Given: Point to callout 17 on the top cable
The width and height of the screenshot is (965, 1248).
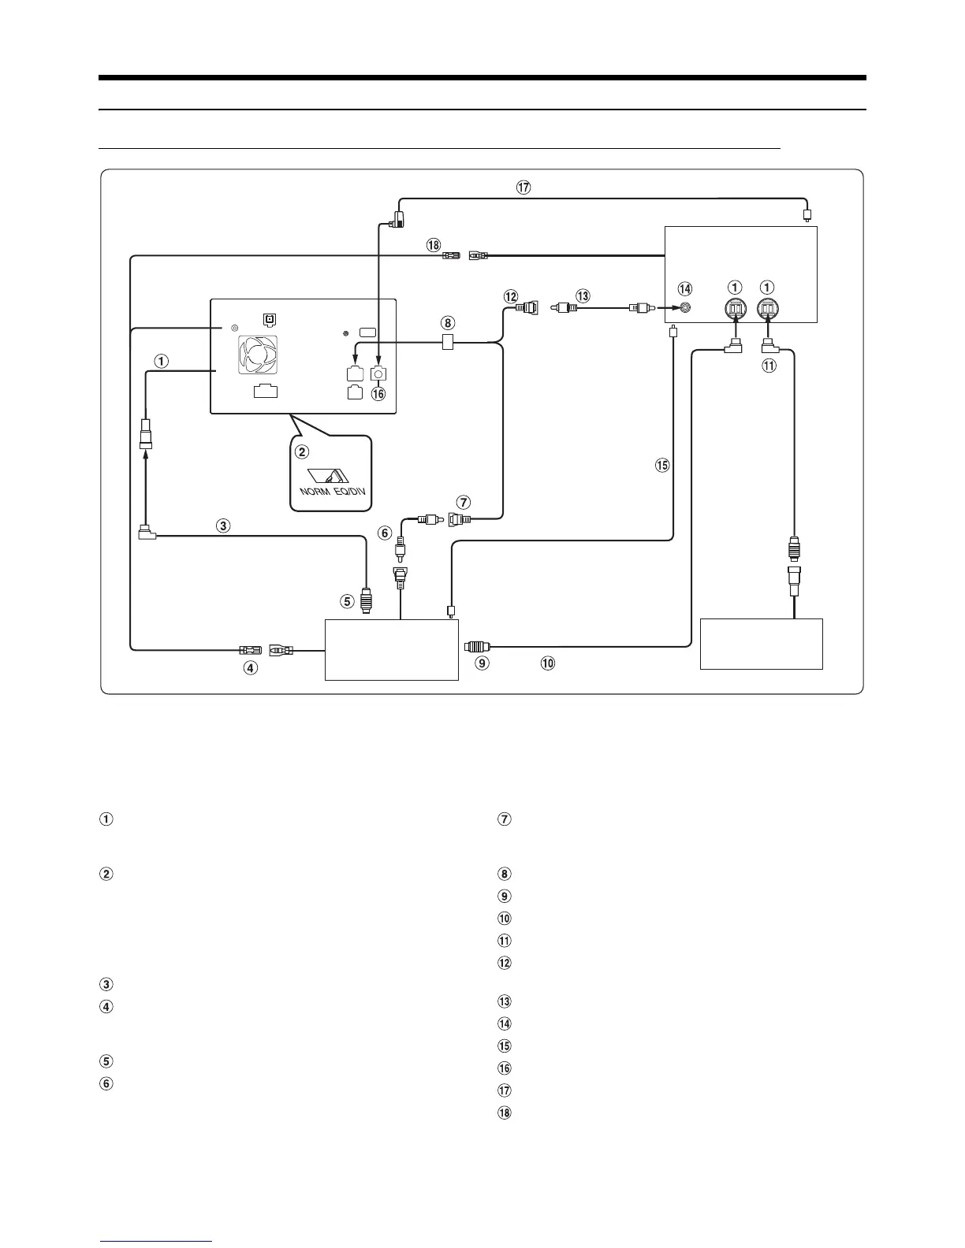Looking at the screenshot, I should (523, 188).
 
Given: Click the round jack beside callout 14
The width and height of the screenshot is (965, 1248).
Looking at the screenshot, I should (686, 310).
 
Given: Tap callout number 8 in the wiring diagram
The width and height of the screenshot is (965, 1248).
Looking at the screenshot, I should (448, 322).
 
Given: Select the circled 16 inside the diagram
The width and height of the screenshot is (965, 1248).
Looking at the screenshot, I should (378, 393).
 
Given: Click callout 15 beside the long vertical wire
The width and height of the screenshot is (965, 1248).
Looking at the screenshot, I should (662, 465).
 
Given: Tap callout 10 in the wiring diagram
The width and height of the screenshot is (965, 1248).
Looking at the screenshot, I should (547, 663).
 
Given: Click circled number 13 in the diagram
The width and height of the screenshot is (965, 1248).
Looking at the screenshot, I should (583, 296).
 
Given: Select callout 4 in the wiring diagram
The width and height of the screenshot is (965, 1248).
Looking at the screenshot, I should (250, 668).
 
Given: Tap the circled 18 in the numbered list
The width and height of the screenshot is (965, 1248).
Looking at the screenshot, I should (504, 1113).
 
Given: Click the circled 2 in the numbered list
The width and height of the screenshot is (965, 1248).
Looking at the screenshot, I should (105, 874).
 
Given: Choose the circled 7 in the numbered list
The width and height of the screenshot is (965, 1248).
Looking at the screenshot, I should (504, 819).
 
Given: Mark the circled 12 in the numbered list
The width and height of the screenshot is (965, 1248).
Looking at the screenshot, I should (504, 963).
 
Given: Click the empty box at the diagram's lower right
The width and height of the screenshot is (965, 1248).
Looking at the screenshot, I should (761, 644).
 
